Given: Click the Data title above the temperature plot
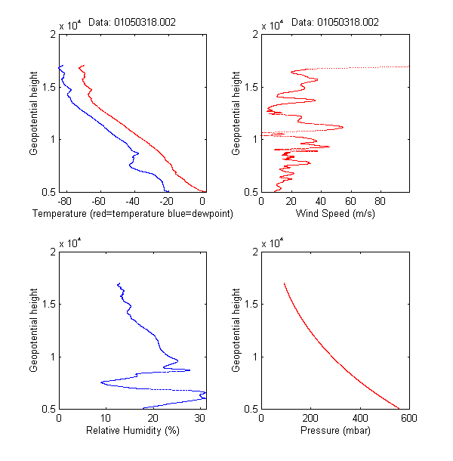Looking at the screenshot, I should [132, 22].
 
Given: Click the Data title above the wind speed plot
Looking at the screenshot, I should [335, 22].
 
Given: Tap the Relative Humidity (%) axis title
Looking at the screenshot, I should [132, 431].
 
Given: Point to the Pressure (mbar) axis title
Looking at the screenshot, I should [335, 431].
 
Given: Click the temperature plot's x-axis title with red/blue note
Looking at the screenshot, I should [132, 214].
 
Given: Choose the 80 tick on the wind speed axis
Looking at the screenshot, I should [380, 202].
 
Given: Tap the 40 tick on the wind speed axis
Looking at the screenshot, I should [320, 202].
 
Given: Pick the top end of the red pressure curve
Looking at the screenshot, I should [284, 283].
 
